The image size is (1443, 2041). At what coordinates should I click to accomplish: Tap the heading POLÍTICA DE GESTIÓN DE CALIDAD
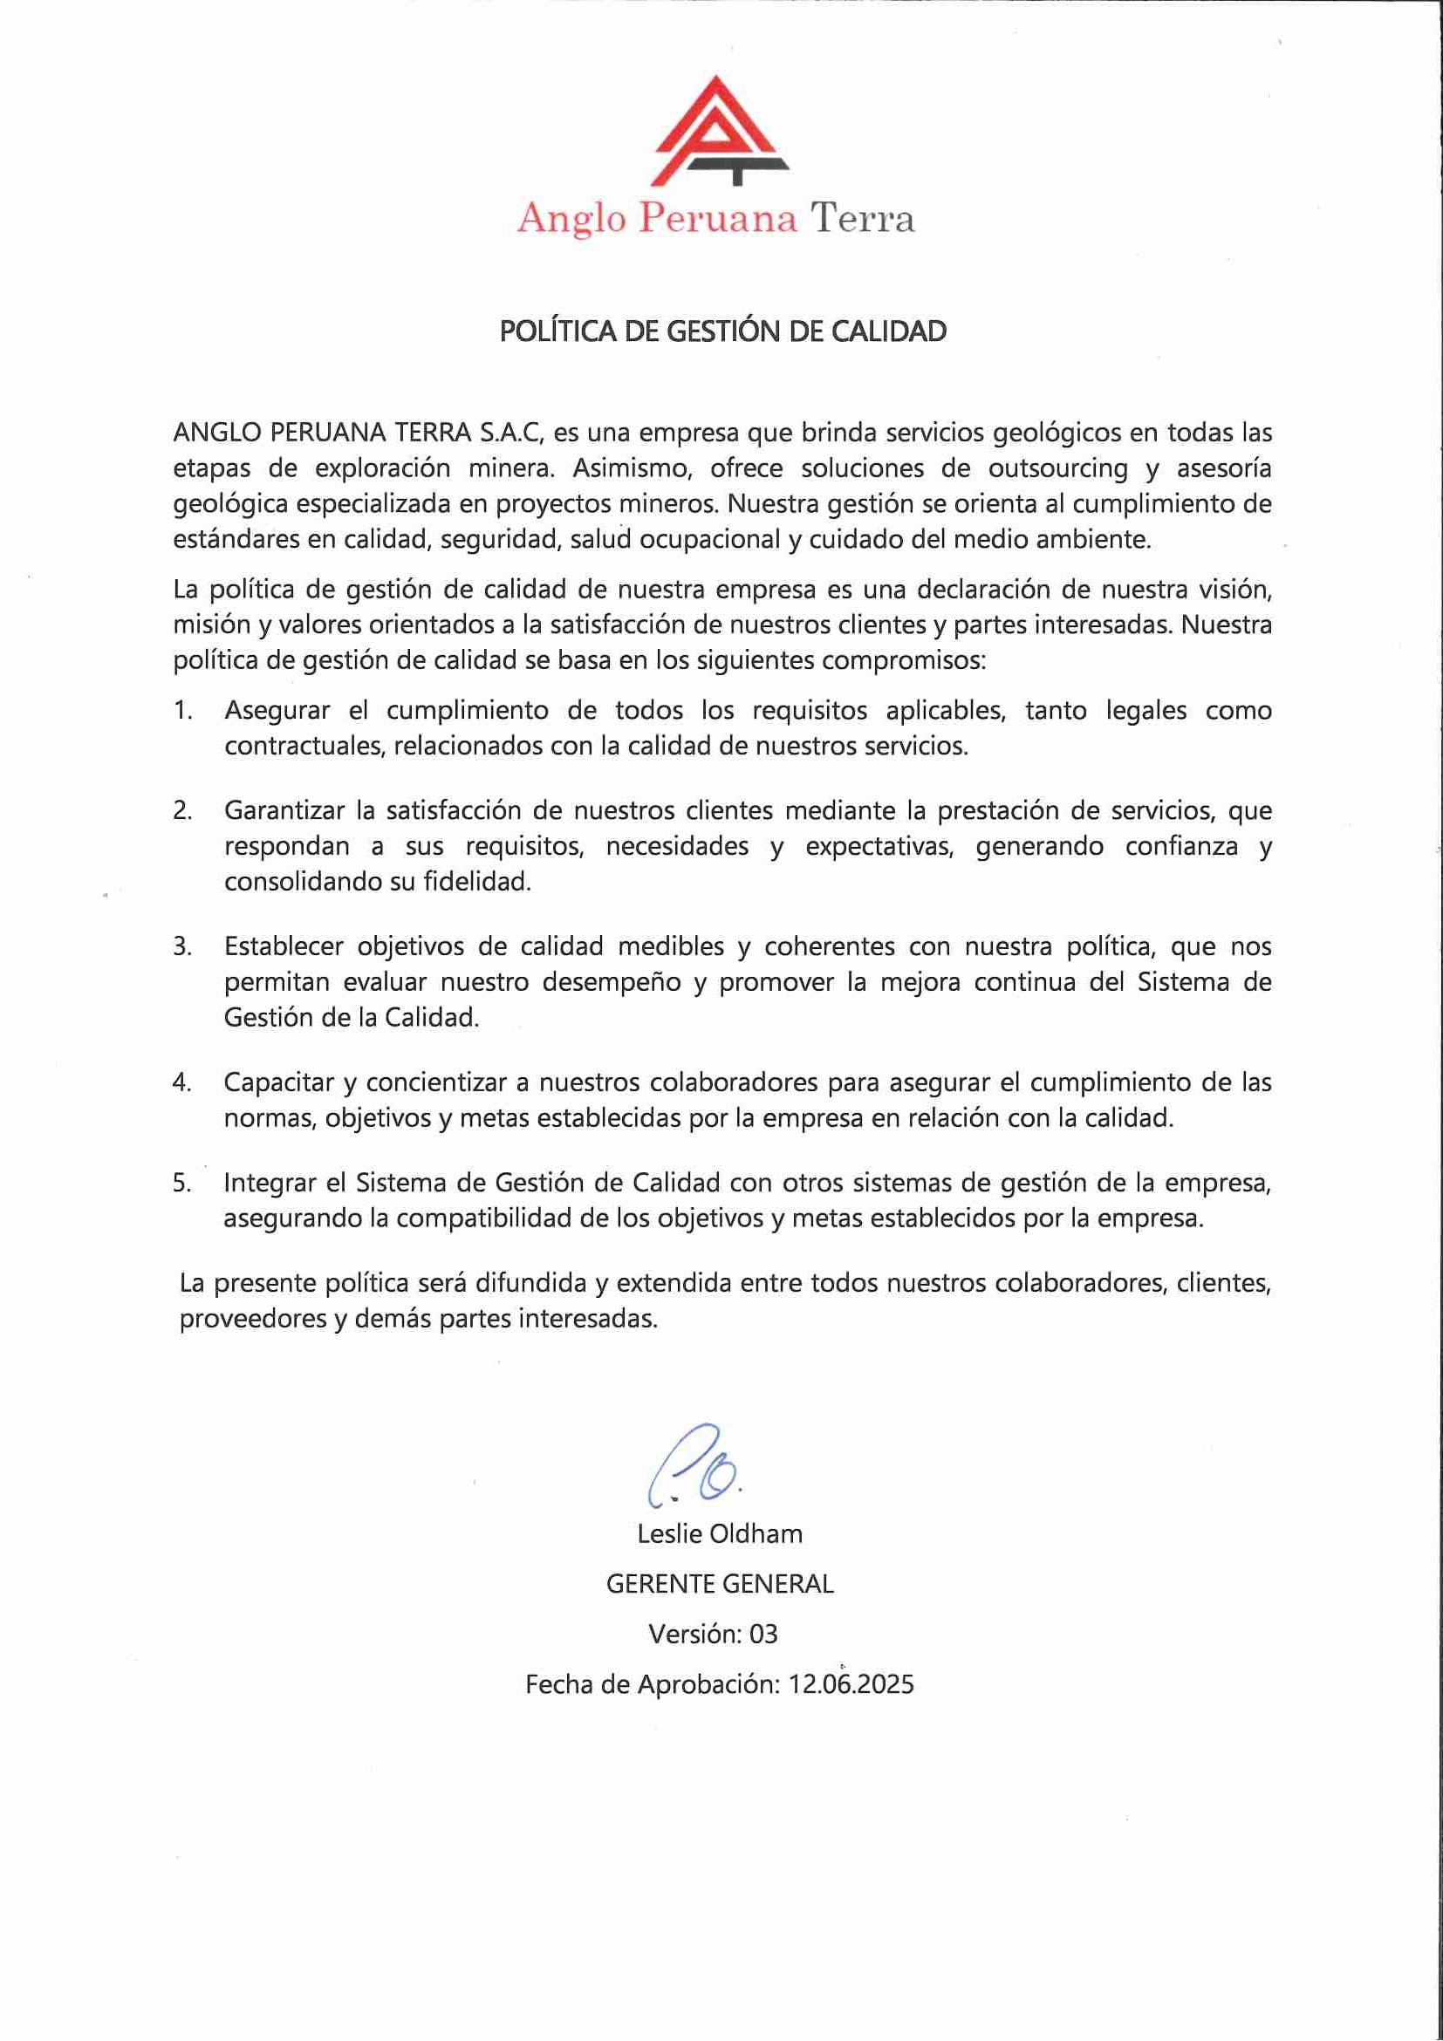click(x=722, y=331)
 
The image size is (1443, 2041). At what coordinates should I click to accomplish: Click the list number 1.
click(x=182, y=711)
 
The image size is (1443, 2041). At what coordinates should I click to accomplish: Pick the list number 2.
click(x=182, y=810)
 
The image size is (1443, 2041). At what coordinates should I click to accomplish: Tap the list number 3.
click(x=182, y=946)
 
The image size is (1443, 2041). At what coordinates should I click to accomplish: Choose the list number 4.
click(x=182, y=1082)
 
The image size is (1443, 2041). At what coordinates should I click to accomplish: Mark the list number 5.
click(x=182, y=1184)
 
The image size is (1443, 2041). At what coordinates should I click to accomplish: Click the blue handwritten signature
click(x=694, y=1468)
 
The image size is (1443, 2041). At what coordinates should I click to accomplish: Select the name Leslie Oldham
click(x=720, y=1534)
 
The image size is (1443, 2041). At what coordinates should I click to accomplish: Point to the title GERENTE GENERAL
click(x=720, y=1584)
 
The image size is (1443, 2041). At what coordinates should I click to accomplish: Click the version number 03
click(x=763, y=1634)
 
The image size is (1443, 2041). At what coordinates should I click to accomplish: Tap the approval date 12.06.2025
click(x=851, y=1684)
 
